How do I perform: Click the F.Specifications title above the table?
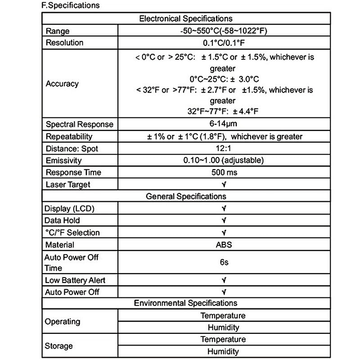coord(70,6)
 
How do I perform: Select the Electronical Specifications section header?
coord(186,18)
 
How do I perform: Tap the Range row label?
coord(58,31)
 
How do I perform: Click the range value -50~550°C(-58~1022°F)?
coord(224,31)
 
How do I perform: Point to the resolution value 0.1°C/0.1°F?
coord(224,43)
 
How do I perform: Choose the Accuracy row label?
coord(62,84)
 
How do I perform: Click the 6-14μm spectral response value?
coord(224,124)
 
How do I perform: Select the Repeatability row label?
coord(69,136)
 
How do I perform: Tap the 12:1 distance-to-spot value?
coord(224,148)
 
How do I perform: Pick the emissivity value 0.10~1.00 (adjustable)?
coord(224,160)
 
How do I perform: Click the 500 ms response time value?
coord(224,172)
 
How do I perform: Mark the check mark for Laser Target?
coord(224,184)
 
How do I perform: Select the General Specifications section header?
coord(186,196)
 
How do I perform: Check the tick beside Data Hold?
coord(224,220)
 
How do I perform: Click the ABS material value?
coord(224,245)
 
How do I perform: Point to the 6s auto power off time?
coord(224,262)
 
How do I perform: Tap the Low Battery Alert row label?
coord(75,280)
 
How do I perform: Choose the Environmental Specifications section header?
coord(186,303)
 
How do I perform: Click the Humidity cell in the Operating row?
coord(223,328)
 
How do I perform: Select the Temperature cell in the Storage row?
coord(223,339)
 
